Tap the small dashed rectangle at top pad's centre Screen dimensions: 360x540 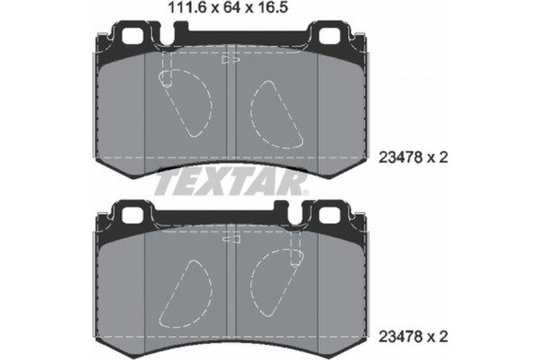230,60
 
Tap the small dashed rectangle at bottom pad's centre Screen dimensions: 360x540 230,240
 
